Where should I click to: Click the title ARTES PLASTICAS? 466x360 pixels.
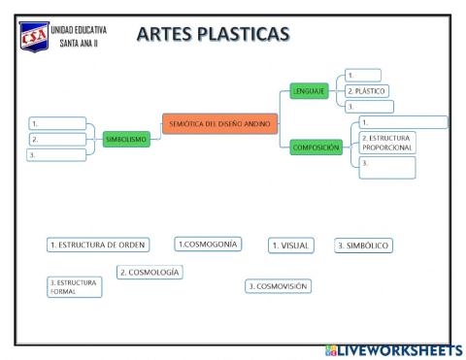[214, 35]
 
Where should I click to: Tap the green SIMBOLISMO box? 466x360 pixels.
[126, 140]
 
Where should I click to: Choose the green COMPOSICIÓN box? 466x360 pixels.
[316, 147]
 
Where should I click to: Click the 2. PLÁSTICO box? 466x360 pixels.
[368, 90]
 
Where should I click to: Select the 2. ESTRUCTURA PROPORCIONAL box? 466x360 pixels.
[386, 144]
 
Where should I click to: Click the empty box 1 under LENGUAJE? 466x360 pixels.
[362, 75]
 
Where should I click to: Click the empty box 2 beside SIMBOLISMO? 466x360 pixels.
[53, 139]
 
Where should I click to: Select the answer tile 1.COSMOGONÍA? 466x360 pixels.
[208, 244]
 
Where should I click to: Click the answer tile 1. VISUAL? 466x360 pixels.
[291, 245]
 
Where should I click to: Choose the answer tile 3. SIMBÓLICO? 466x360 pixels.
[363, 245]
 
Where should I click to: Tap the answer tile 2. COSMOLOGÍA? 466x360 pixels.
[150, 273]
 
